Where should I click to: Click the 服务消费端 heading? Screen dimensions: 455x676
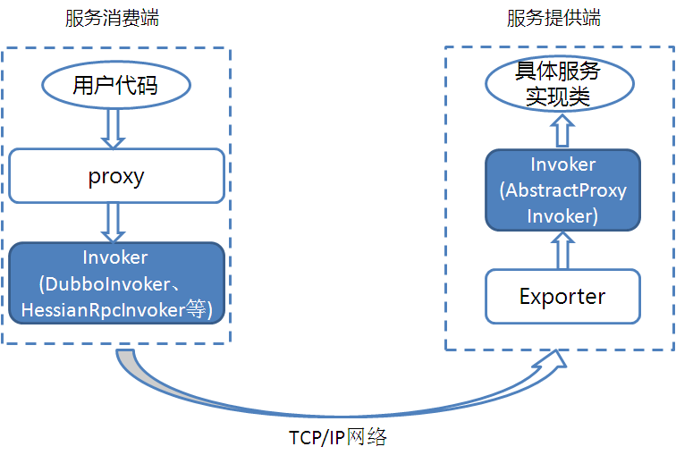113,18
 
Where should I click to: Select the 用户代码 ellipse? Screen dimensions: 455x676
116,86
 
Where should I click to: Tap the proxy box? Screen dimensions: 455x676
116,175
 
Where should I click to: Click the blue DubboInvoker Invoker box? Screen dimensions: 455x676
116,282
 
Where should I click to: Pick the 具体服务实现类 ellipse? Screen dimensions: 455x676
559,86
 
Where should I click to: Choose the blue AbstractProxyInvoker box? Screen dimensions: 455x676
562,190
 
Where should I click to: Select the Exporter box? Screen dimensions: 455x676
562,296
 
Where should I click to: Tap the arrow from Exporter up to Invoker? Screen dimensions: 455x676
562,249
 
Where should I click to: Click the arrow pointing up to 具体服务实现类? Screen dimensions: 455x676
562,132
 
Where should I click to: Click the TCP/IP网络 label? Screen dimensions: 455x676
337,438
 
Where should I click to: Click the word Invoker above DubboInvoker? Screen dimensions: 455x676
115,257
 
